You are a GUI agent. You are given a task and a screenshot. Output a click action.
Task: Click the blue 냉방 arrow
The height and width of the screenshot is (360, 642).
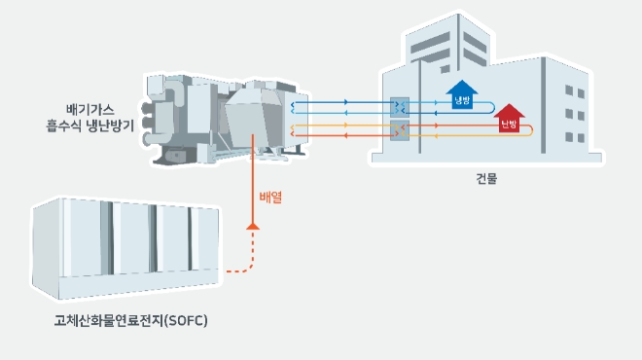tap(462, 94)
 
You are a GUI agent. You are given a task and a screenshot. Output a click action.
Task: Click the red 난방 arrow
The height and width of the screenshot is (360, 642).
tap(509, 119)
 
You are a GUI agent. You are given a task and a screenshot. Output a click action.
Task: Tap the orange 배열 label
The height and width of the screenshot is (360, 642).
tap(270, 198)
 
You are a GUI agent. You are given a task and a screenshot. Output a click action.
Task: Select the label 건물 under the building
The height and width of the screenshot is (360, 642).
tap(486, 179)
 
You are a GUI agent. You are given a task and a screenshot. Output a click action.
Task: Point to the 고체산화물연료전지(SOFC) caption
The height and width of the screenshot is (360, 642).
tap(131, 320)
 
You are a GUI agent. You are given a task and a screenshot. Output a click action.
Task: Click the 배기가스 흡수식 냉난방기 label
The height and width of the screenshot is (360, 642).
tap(90, 118)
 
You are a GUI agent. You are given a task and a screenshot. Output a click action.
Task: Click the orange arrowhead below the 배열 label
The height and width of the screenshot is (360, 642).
tap(253, 227)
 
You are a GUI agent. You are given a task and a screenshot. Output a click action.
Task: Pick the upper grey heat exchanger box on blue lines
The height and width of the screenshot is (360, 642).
tap(400, 108)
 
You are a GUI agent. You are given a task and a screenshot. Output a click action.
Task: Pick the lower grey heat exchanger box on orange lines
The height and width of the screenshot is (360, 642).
tap(400, 130)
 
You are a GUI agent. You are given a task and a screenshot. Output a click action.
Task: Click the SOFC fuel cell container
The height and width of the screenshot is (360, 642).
tap(125, 248)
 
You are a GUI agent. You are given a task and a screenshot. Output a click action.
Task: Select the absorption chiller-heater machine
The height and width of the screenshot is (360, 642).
tap(226, 119)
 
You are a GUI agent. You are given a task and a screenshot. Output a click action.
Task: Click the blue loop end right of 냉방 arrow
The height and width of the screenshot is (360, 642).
tap(491, 107)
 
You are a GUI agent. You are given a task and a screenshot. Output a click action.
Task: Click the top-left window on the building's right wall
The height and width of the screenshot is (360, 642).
tap(569, 90)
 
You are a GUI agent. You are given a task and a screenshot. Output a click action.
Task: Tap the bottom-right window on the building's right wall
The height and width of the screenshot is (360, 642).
tap(581, 138)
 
